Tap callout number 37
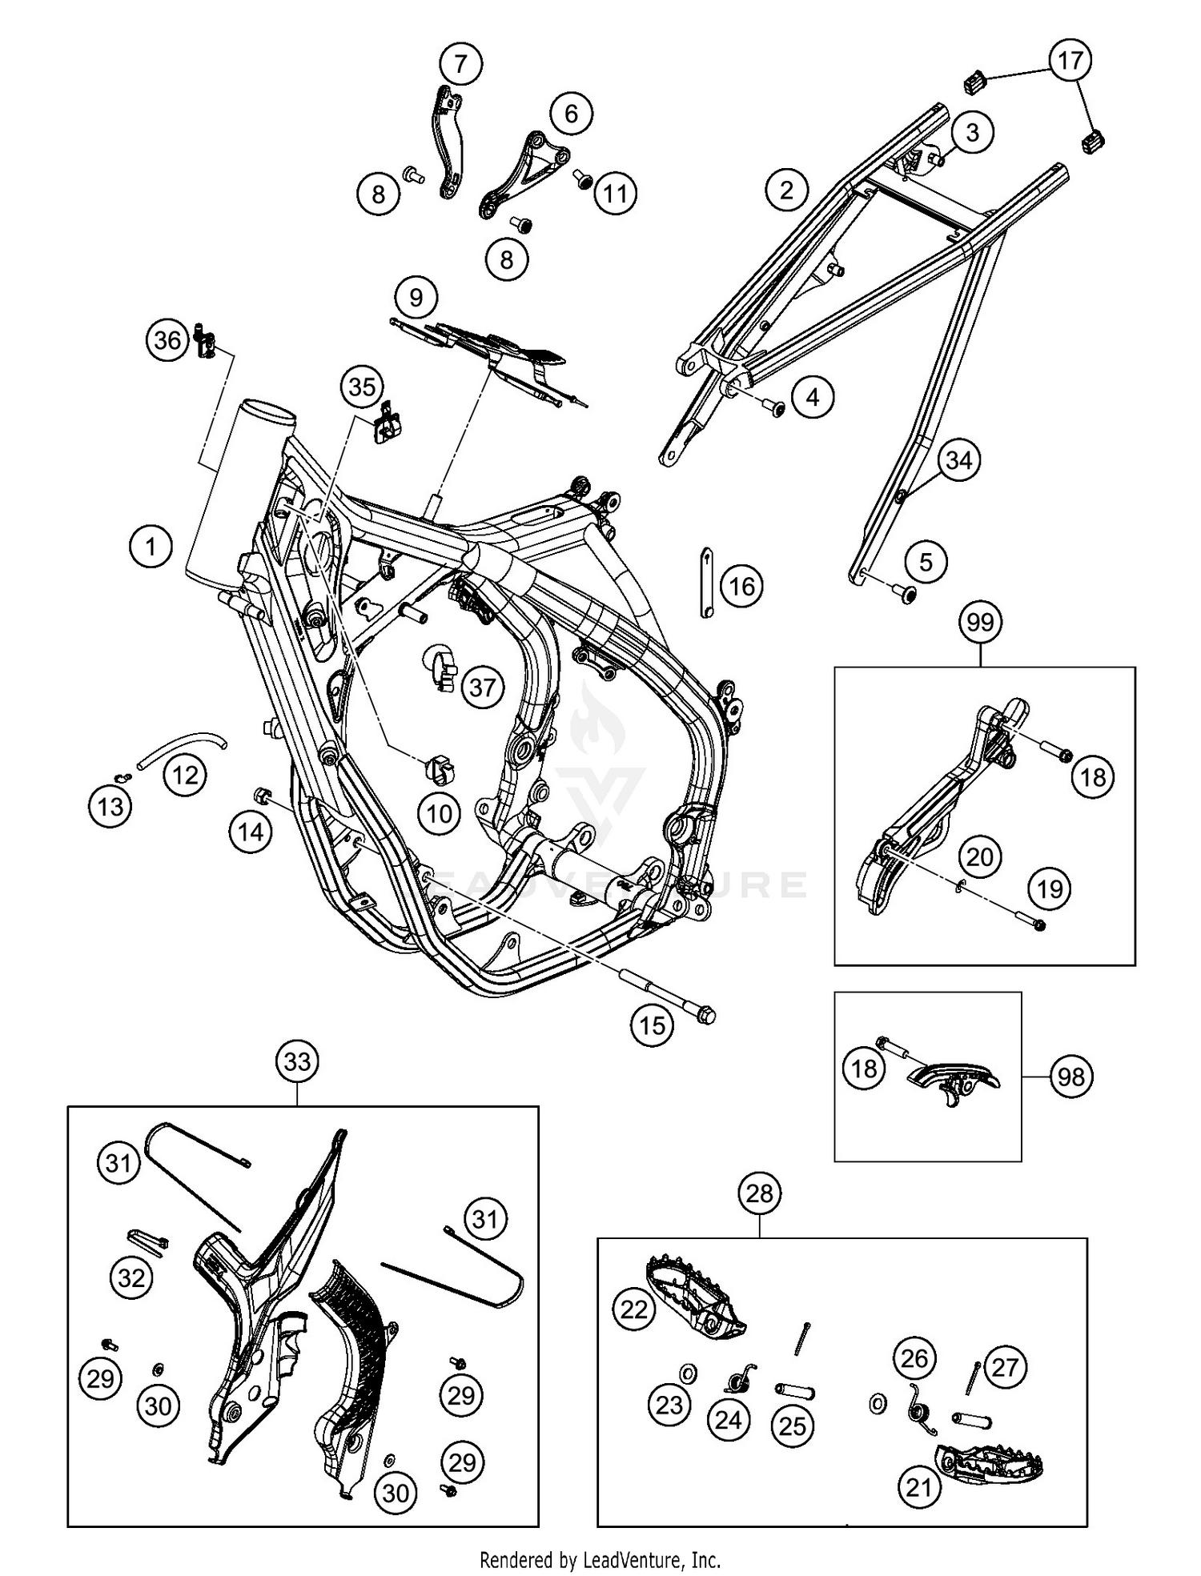point(482,687)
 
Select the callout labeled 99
point(980,622)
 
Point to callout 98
point(1070,1077)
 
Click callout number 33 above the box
point(297,1061)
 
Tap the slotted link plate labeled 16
point(706,582)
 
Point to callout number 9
point(416,298)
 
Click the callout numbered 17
point(1070,60)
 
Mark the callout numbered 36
point(167,340)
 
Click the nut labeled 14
point(260,795)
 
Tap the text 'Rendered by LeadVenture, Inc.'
point(600,1559)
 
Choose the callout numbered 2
point(786,190)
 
